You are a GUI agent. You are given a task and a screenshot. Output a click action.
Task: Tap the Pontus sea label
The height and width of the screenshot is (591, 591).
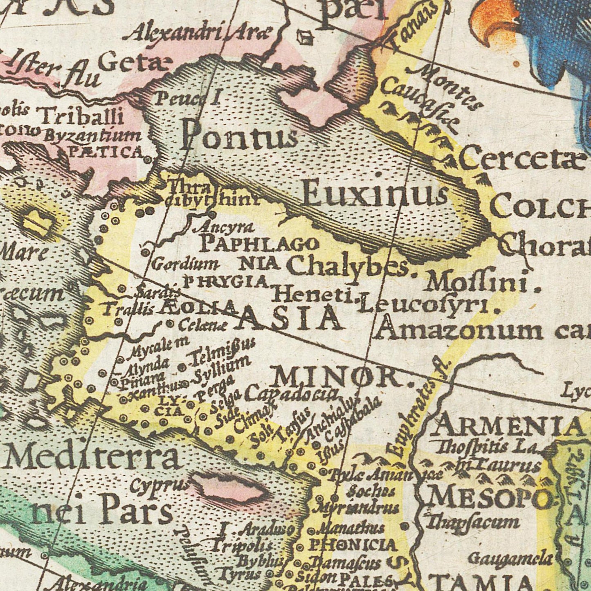[x=239, y=135]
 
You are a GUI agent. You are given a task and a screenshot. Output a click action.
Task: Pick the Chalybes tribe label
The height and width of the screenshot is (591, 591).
[x=348, y=267]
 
